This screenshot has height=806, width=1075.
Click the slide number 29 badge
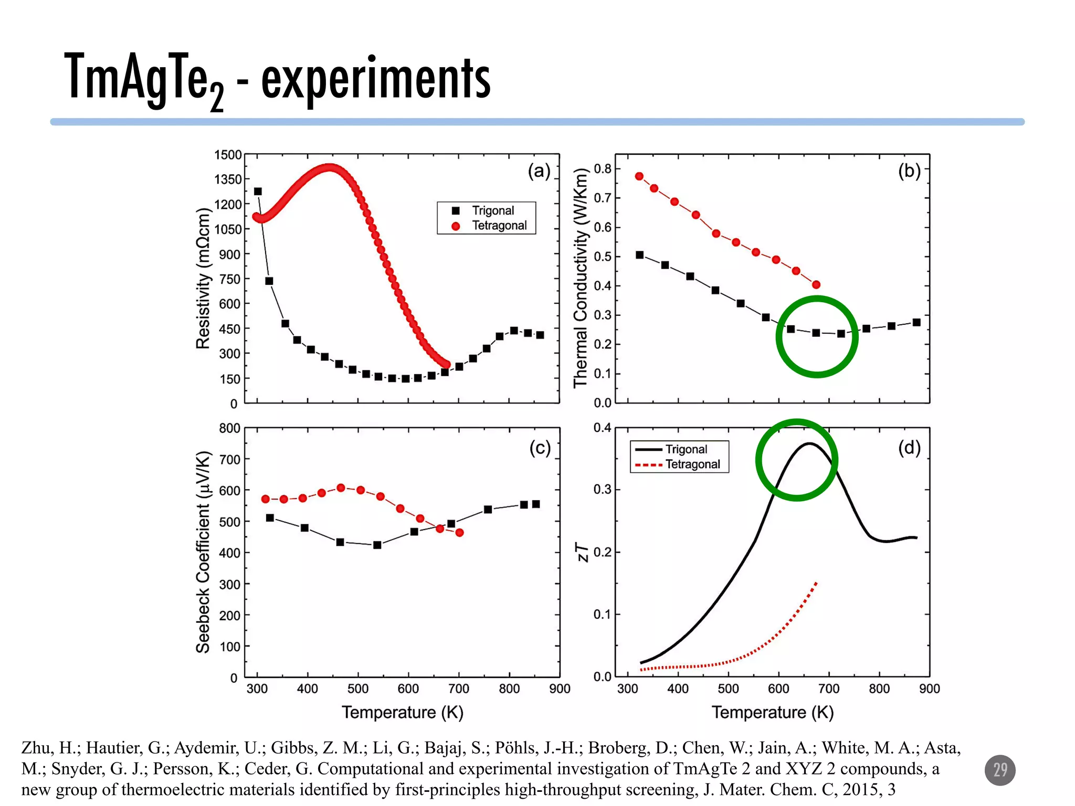pos(999,770)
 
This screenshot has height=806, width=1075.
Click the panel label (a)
pos(539,171)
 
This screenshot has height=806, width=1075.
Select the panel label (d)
pos(909,448)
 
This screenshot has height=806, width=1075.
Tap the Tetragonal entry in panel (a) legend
pos(499,226)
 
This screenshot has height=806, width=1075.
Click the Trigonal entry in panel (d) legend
pos(686,449)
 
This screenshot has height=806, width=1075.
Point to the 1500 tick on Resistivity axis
pos(228,155)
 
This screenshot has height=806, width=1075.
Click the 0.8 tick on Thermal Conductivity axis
pos(602,169)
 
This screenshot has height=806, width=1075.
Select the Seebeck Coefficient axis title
pos(203,552)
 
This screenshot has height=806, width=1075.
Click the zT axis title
pos(583,552)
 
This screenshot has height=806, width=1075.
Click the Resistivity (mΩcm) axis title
pos(203,278)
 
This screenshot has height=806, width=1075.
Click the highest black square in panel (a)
pos(258,192)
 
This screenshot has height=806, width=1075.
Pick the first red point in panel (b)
pos(639,176)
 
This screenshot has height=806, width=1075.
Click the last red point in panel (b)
pos(816,285)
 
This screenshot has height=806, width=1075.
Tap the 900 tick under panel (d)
pos(929,689)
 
